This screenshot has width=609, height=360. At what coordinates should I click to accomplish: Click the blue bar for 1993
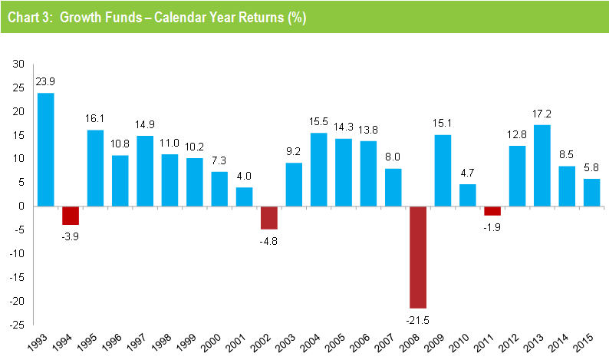(45, 150)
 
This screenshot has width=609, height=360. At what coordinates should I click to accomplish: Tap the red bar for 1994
(71, 215)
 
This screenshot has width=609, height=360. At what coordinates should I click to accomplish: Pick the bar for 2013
(542, 165)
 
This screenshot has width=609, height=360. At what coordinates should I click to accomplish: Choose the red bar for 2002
(268, 217)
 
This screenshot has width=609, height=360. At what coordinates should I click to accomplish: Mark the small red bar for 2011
(492, 210)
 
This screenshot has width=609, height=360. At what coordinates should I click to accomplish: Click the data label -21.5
(418, 317)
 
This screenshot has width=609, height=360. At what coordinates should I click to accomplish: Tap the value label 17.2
(542, 114)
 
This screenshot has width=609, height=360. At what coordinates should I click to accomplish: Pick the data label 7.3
(219, 162)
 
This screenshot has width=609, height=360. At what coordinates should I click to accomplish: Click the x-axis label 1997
(141, 343)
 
